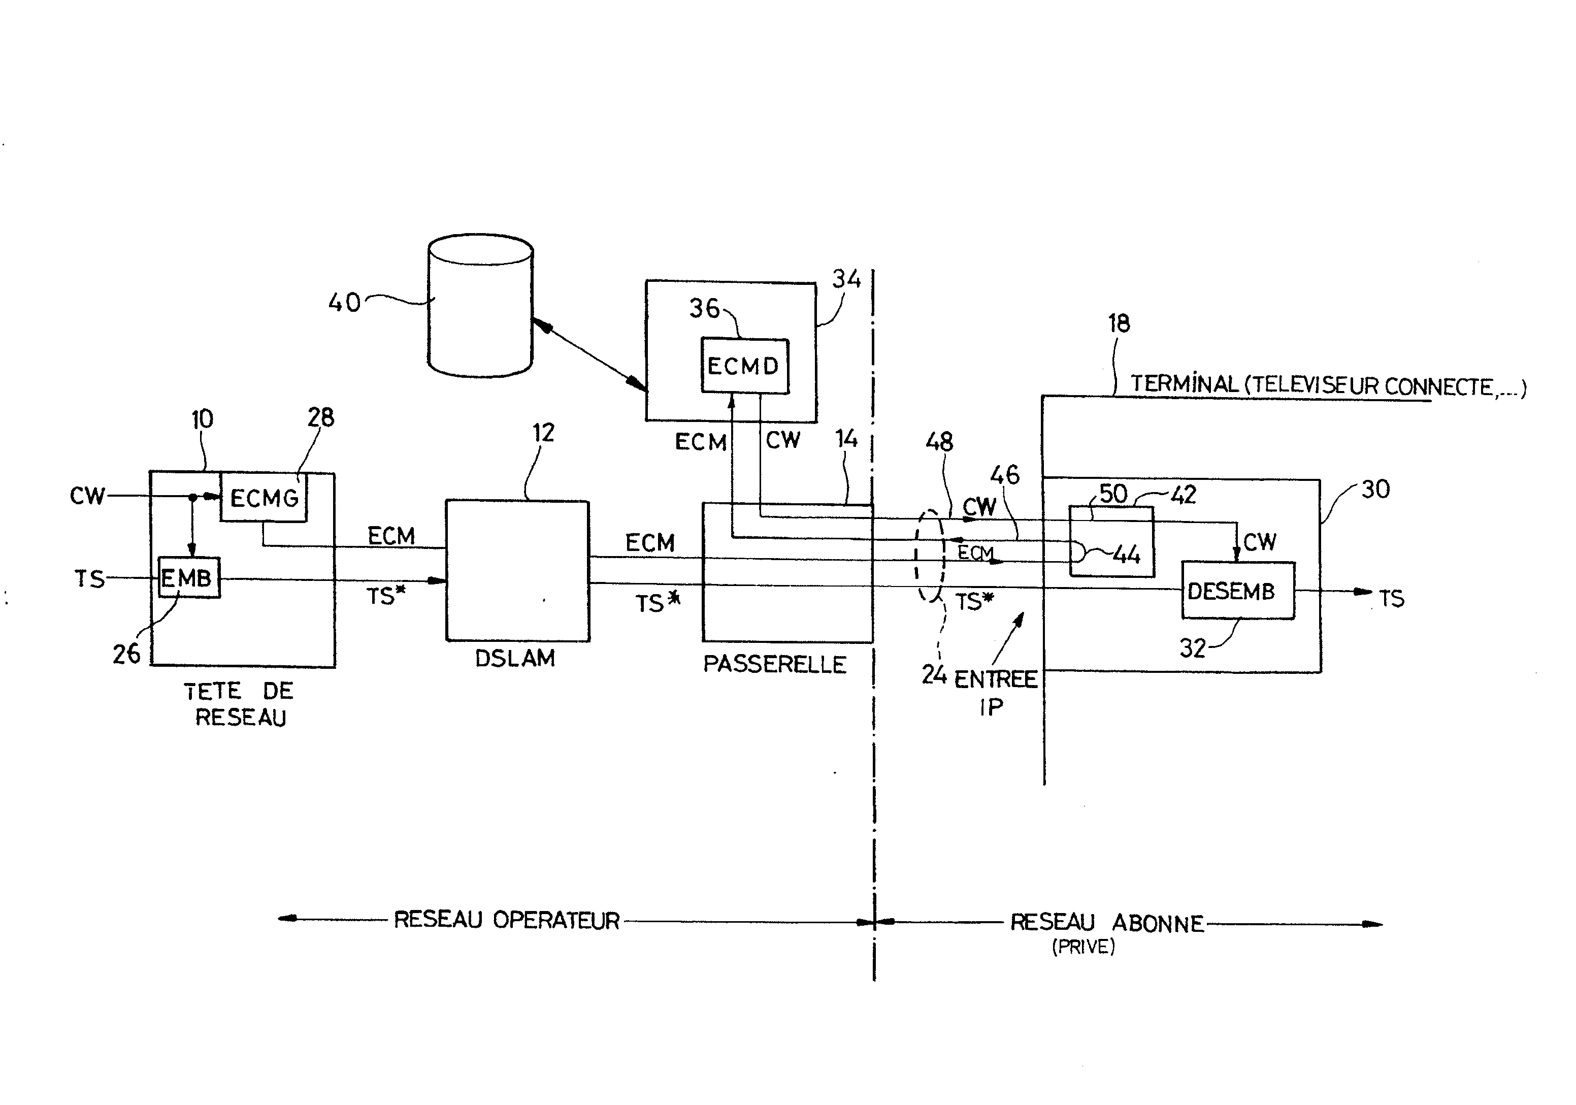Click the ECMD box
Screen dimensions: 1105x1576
point(744,366)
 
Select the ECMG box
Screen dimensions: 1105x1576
point(264,498)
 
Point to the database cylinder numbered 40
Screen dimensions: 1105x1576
point(480,306)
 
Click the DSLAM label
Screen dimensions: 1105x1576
point(515,658)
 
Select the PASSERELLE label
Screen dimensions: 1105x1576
point(774,664)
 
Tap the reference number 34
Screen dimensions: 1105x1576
point(846,279)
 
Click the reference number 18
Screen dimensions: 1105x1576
point(1119,323)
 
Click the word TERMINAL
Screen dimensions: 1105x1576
point(1184,384)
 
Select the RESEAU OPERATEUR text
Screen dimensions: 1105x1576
point(507,920)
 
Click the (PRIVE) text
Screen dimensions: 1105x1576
point(1083,947)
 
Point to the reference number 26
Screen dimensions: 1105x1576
point(126,654)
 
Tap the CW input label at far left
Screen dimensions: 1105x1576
point(87,496)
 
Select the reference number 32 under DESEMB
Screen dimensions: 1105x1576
point(1192,648)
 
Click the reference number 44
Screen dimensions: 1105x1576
point(1126,555)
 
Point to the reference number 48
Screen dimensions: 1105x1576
point(939,442)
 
